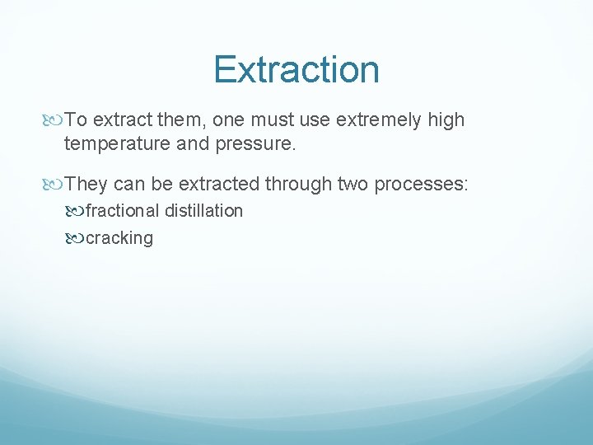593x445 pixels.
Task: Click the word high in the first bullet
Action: pos(446,120)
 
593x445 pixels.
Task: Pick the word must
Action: pos(273,120)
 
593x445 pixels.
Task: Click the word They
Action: pos(86,184)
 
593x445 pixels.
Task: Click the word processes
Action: pos(422,184)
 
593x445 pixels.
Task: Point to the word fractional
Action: pos(123,211)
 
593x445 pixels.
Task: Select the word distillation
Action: pos(204,211)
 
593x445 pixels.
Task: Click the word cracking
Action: pos(119,238)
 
